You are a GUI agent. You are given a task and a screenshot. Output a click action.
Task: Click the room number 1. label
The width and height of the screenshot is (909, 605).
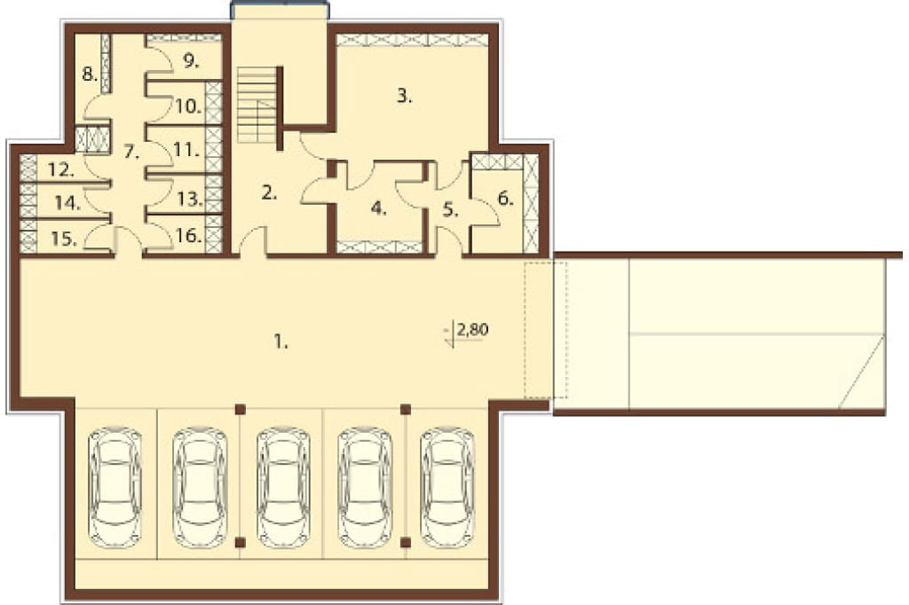(x=281, y=342)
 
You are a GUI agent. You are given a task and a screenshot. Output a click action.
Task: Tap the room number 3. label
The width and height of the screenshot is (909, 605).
(x=404, y=96)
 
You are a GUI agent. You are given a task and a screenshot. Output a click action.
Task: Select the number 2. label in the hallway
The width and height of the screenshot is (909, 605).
(x=269, y=193)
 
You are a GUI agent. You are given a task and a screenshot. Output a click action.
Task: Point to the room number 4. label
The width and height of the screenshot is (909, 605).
(x=378, y=208)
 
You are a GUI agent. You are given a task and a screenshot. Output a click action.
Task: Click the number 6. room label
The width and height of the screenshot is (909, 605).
(x=505, y=199)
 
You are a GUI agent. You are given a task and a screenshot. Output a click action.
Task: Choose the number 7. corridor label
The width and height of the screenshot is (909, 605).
(x=132, y=153)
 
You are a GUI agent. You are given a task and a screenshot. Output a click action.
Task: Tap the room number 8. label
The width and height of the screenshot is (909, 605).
(x=89, y=75)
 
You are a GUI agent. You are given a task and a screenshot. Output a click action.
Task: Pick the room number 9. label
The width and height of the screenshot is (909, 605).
(x=191, y=61)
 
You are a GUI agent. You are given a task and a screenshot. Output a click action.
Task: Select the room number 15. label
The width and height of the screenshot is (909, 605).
(x=63, y=239)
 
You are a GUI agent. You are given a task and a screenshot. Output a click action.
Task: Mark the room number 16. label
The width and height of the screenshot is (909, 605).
(x=189, y=237)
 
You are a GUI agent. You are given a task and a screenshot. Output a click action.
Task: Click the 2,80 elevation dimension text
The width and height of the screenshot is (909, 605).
(x=472, y=330)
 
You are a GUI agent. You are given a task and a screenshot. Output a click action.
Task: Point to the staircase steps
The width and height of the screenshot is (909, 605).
(x=257, y=105)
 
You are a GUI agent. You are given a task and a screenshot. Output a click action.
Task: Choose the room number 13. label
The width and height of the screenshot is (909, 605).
(x=190, y=200)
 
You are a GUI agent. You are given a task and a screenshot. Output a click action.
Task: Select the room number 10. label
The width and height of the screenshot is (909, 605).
(x=189, y=106)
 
